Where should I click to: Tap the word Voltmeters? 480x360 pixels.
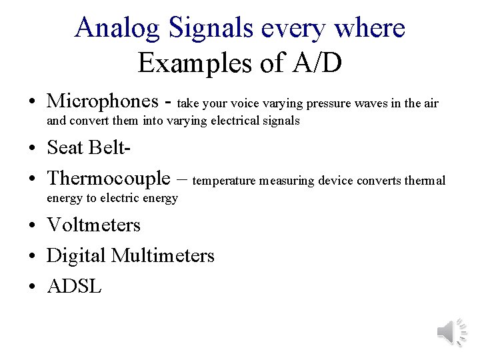click(x=94, y=225)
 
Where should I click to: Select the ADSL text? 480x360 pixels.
click(x=75, y=286)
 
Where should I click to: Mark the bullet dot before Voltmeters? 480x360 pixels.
click(x=33, y=225)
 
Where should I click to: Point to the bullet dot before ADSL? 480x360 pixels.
click(x=33, y=287)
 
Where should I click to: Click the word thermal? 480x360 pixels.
click(x=426, y=181)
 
